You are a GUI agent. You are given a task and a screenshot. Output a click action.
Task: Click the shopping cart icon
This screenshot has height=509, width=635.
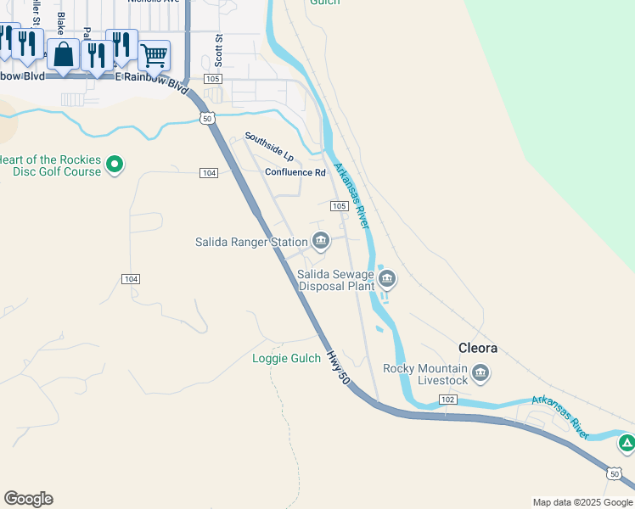tap(154, 56)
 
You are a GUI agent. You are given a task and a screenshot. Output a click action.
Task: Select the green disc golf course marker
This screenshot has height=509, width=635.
tap(116, 165)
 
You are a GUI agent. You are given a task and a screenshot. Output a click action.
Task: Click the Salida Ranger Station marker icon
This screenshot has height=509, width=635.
tap(321, 242)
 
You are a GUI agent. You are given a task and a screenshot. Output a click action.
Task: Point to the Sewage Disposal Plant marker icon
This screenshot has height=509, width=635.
tap(386, 278)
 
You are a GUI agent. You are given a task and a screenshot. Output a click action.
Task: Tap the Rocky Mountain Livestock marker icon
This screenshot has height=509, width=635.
tap(480, 373)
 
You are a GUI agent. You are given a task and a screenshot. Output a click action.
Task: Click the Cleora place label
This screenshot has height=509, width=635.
tap(478, 348)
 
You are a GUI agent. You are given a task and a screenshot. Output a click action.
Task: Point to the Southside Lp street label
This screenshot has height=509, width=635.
tap(268, 147)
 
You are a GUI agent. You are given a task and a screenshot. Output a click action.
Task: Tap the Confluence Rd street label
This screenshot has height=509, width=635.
tap(295, 172)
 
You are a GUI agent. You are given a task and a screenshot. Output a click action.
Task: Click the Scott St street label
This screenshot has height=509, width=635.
tap(218, 51)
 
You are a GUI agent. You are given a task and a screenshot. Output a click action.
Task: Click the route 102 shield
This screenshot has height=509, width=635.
tap(449, 399)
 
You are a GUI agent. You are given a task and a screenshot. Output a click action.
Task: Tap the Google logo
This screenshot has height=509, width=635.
tap(28, 499)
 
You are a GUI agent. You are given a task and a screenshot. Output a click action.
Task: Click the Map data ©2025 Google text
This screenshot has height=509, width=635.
tap(582, 502)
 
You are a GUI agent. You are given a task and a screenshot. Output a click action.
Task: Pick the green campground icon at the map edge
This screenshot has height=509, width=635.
tap(627, 443)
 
